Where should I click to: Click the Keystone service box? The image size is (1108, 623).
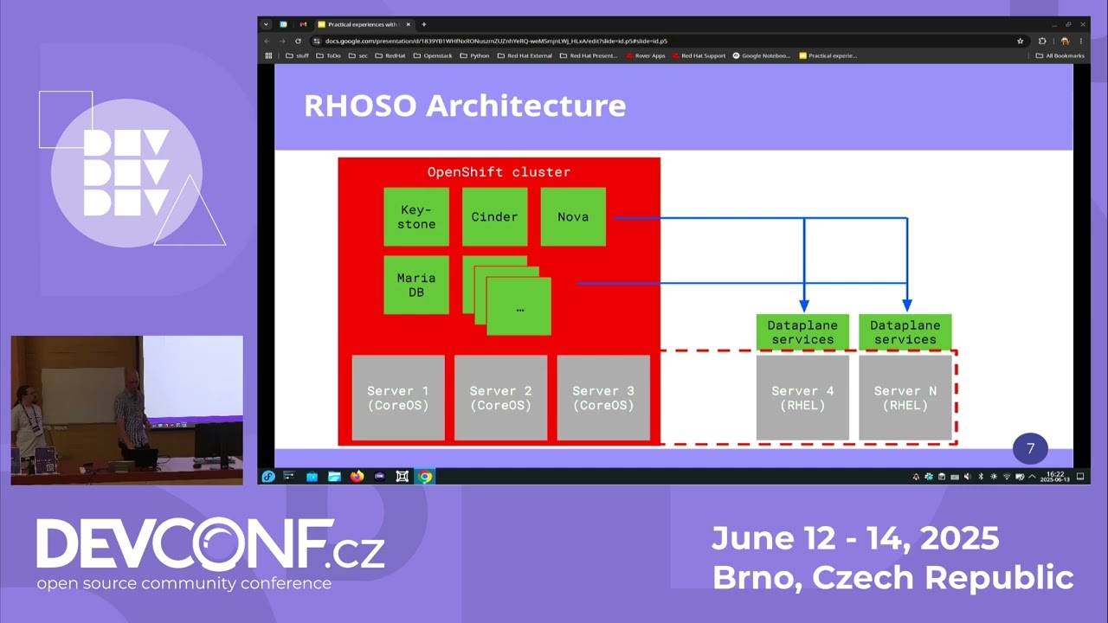pyautogui.click(x=416, y=217)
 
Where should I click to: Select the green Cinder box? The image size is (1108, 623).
pyautogui.click(x=494, y=217)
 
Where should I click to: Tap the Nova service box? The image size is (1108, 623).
pyautogui.click(x=572, y=217)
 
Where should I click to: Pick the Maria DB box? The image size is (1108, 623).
pyautogui.click(x=416, y=285)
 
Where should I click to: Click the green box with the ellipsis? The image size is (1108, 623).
pyautogui.click(x=519, y=307)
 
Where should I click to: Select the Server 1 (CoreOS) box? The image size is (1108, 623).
pyautogui.click(x=398, y=398)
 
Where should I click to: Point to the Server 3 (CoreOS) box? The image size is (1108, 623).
pyautogui.click(x=603, y=398)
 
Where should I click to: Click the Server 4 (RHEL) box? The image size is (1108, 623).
pyautogui.click(x=802, y=398)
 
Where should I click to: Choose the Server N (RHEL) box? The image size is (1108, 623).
pyautogui.click(x=905, y=398)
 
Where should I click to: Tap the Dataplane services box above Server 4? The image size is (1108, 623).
pyautogui.click(x=802, y=332)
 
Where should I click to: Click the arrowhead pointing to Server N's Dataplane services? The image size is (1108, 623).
pyautogui.click(x=907, y=306)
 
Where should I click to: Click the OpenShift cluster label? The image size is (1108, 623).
pyautogui.click(x=499, y=172)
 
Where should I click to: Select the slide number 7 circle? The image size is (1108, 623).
pyautogui.click(x=1030, y=449)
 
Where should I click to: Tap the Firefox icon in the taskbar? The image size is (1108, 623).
pyautogui.click(x=357, y=477)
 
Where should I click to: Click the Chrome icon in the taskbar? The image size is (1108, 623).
pyautogui.click(x=424, y=477)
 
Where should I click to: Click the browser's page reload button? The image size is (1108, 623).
pyautogui.click(x=299, y=41)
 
